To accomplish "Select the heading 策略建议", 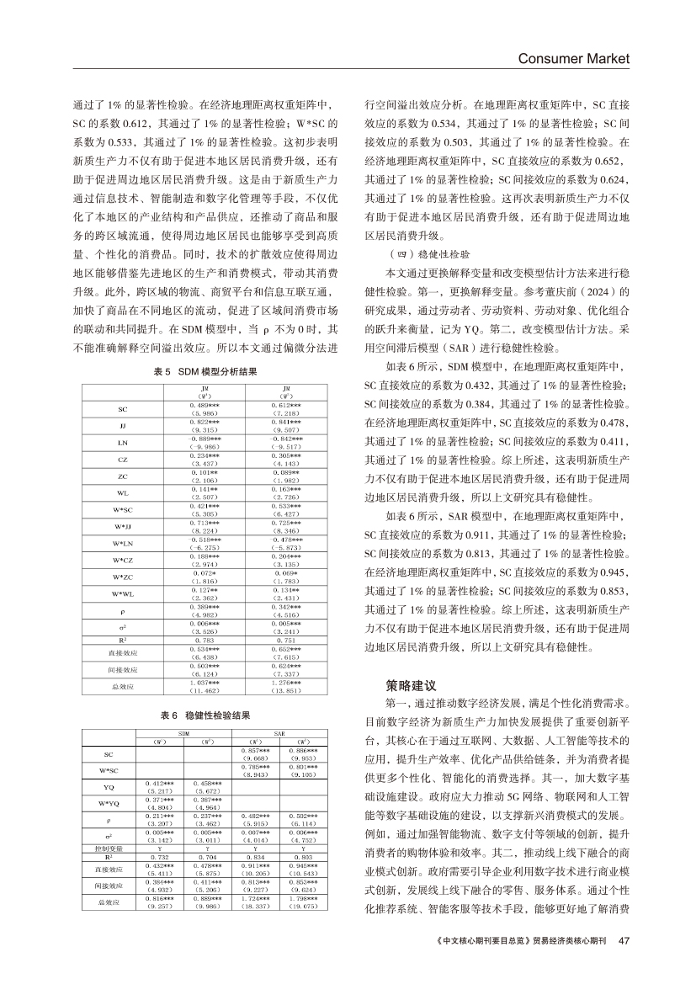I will point(407,685).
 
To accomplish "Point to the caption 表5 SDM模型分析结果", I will point(206,370).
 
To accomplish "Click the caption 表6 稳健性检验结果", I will point(206,715).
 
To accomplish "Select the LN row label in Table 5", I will point(123,442).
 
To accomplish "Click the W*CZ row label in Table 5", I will point(123,560).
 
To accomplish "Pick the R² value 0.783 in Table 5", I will point(204,641).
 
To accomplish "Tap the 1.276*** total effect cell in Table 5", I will point(288,683).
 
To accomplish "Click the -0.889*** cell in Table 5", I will point(204,439).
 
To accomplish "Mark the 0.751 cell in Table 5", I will point(288,641).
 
